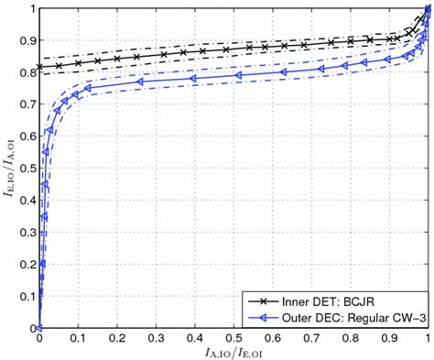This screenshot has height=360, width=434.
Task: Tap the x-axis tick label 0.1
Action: [x=79, y=338]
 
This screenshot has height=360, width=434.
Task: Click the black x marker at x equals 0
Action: [x=39, y=67]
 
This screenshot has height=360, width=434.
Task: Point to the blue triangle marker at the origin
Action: [x=39, y=327]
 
